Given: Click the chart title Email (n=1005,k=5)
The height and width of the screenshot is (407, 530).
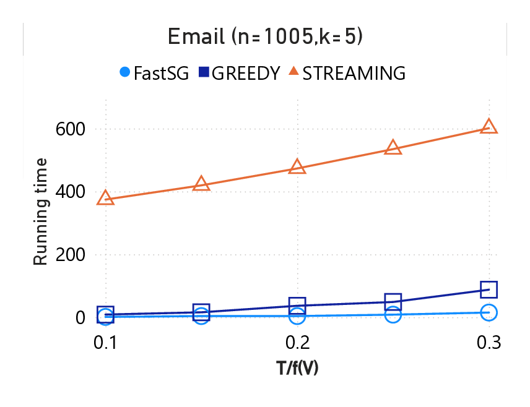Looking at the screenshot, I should click(x=265, y=37).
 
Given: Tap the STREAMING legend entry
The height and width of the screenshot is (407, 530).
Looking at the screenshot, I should click(x=347, y=73).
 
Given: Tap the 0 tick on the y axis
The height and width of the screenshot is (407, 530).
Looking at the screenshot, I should click(x=79, y=317).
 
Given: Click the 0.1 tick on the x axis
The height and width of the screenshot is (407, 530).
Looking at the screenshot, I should click(x=106, y=343).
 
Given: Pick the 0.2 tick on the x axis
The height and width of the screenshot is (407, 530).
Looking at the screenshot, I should click(x=297, y=343).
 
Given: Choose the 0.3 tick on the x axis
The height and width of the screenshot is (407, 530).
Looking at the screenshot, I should click(x=489, y=343).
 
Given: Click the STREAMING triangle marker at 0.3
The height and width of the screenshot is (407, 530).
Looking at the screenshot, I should click(x=489, y=127).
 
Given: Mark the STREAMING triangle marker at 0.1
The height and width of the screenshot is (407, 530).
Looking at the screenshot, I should click(x=106, y=199).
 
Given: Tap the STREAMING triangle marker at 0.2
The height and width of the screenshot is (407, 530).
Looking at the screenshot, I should click(x=297, y=167).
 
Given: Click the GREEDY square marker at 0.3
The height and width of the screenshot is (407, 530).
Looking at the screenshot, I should click(x=489, y=289).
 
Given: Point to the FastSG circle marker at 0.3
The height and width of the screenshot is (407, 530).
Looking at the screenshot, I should click(x=489, y=312).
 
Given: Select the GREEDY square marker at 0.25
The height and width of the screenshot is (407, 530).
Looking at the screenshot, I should click(x=393, y=302).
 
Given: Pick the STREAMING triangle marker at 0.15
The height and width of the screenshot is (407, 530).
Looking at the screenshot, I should click(x=201, y=184).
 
